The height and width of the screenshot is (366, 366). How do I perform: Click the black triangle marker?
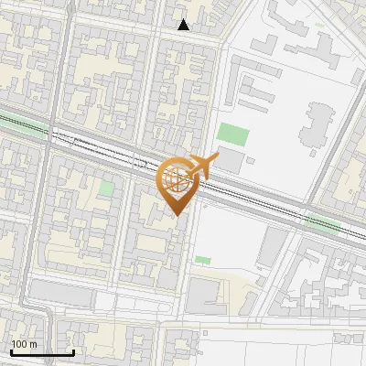pos(184,25)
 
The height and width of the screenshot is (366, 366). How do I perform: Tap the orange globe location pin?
pos(178,181)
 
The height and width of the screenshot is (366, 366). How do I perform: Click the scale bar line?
pos(41,352)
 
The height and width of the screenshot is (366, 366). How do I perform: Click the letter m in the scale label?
pos(34,344)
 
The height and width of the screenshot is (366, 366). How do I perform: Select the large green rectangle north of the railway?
pos(232,135)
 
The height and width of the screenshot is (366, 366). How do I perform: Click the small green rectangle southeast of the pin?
pos(202,260)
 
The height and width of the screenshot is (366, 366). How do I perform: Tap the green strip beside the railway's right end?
pos(322,223)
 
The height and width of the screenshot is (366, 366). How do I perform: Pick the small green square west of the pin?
pos(107,188)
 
